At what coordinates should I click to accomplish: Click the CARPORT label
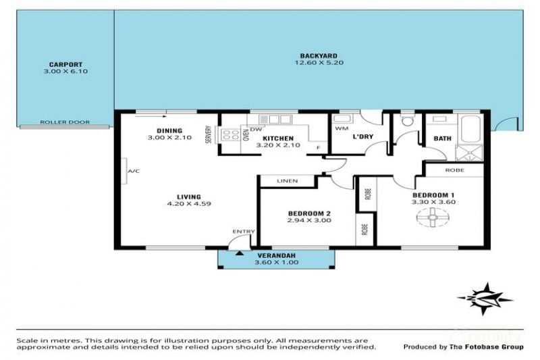(x=65, y=64)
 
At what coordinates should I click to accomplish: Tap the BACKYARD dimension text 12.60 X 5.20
(x=319, y=63)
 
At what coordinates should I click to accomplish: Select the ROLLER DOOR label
(x=65, y=122)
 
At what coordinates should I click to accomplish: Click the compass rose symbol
(x=485, y=299)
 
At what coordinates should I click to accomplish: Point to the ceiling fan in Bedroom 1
(x=433, y=217)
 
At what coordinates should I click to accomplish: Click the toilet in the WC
(x=408, y=120)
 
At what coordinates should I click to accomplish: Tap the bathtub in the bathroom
(x=470, y=129)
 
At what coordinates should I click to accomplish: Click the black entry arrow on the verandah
(x=240, y=253)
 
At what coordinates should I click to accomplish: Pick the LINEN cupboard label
(x=288, y=181)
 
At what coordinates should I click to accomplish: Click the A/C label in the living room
(x=134, y=171)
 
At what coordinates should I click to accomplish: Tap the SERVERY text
(x=208, y=134)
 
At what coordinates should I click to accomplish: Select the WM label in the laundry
(x=342, y=128)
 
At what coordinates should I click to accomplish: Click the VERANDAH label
(x=277, y=255)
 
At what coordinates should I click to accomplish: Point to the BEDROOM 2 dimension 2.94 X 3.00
(x=309, y=220)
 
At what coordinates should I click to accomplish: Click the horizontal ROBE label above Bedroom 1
(x=454, y=170)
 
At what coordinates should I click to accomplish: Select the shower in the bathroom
(x=470, y=153)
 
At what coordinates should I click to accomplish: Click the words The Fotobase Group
(x=486, y=347)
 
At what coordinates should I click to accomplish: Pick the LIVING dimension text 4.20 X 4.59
(x=189, y=203)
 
